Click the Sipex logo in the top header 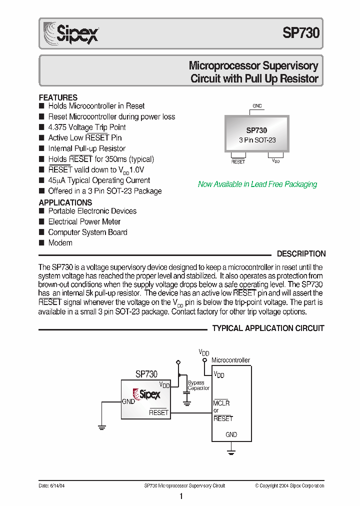71,33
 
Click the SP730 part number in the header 300,33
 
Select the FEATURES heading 58,97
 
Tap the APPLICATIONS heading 65,202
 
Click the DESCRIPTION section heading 301,254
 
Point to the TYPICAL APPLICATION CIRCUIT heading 268,328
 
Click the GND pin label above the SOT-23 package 257,106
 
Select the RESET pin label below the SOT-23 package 238,161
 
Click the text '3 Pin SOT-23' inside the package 257,140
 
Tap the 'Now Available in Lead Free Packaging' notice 257,184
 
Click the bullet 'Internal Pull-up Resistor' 86,148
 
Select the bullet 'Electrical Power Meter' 84,221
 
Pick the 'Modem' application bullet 60,243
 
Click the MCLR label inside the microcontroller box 221,403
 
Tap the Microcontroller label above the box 230,360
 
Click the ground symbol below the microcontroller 231,452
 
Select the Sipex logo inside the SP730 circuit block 146,394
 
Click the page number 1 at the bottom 181,496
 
